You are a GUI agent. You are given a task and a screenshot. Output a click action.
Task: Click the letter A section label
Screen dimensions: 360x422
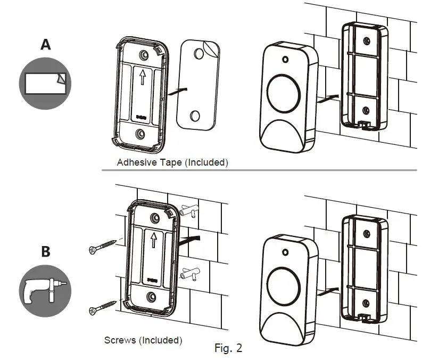tap(46, 45)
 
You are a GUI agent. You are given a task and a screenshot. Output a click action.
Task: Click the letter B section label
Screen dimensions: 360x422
tap(46, 251)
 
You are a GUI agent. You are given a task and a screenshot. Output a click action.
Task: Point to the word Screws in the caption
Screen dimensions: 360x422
tap(120, 339)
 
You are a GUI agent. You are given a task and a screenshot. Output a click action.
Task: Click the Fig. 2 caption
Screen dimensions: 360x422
tap(228, 348)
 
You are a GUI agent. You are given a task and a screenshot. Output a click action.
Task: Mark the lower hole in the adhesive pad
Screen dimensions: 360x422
tap(195, 116)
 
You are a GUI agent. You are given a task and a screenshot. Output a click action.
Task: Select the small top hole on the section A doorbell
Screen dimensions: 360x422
tap(285, 60)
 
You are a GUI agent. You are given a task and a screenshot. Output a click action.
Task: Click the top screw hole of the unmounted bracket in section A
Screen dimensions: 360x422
tap(143, 55)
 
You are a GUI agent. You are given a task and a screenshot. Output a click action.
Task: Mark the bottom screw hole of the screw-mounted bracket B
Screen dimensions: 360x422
tap(152, 296)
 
